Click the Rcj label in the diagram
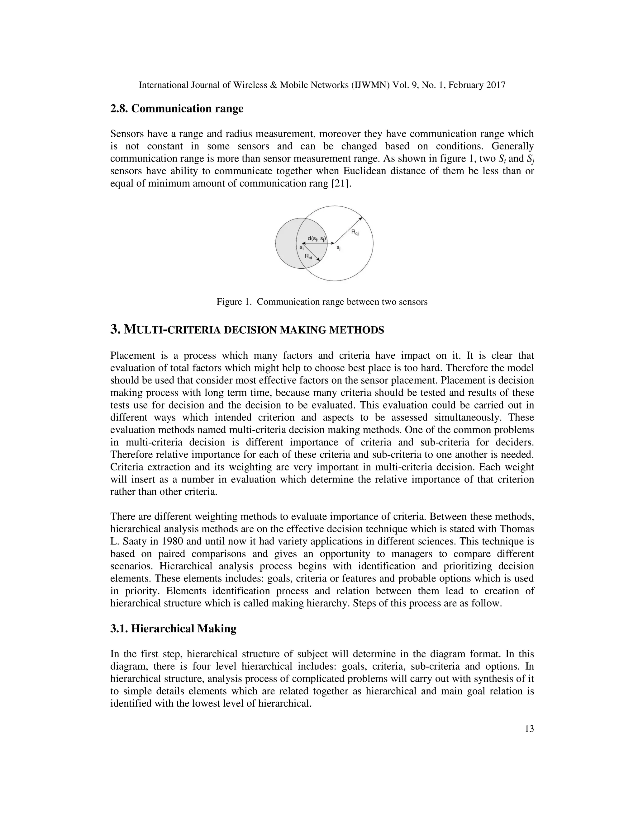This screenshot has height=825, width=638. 355,232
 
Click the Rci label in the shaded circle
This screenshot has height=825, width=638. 308,257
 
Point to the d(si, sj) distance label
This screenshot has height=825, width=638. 317,238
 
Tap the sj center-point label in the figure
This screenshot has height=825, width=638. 339,248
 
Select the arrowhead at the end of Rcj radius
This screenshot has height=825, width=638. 361,218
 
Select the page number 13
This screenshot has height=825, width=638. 529,729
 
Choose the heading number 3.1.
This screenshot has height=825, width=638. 119,629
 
